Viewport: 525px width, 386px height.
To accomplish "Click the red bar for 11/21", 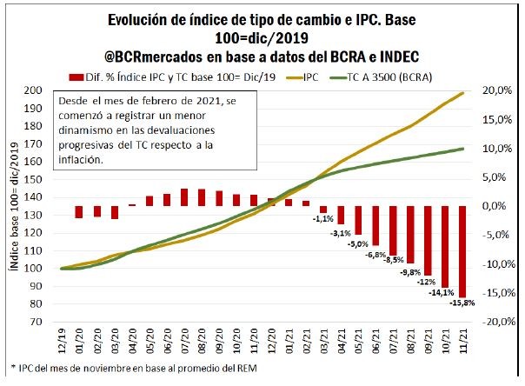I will click(462, 250).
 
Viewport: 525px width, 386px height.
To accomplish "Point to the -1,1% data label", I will click(321, 219).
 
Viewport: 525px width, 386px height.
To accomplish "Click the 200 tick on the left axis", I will click(39, 91).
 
